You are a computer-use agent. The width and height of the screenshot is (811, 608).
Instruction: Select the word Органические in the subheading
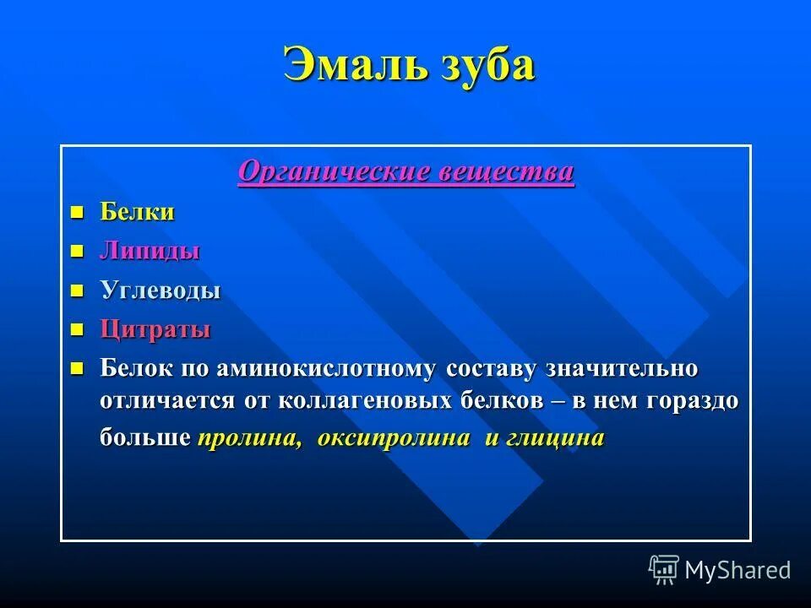point(335,172)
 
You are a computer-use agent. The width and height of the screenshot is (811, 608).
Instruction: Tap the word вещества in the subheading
point(507,172)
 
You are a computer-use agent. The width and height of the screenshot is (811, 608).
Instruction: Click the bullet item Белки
point(138,212)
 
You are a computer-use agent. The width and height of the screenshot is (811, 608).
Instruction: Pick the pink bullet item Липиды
point(150,252)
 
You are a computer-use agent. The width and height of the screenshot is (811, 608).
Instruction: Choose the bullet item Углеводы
point(161,291)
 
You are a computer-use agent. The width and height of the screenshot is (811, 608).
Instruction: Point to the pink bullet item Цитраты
point(155,329)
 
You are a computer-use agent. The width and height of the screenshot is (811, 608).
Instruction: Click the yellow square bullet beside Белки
point(78,211)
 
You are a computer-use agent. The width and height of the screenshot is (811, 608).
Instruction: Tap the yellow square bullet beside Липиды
point(78,251)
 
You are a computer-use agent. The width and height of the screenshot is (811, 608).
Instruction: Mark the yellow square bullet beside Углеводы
point(78,290)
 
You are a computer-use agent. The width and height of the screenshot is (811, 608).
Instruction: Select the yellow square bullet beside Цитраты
point(78,328)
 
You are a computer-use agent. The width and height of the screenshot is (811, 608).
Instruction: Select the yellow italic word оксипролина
point(394,438)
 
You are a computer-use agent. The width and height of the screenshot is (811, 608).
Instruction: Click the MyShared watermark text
point(738,570)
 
